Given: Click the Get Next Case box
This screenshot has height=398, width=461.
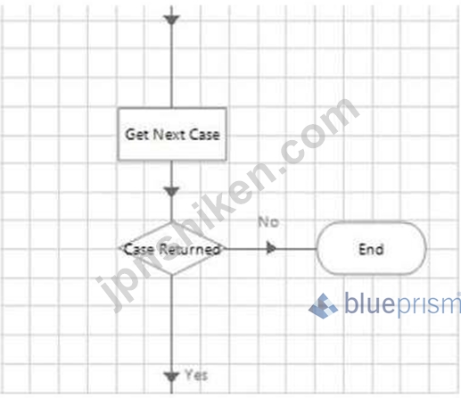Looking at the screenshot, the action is [172, 134].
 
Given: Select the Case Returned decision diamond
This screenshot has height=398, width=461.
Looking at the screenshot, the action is [172, 248].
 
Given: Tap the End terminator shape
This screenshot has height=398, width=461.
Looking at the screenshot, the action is [371, 248].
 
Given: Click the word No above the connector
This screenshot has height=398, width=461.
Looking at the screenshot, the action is [268, 222].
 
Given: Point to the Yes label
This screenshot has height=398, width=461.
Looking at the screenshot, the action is [196, 375].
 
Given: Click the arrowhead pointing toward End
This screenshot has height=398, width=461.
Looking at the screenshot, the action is [271, 248].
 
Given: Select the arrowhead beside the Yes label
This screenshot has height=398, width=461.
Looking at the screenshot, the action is [171, 377].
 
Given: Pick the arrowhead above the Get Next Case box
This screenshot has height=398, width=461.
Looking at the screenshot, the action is [171, 21].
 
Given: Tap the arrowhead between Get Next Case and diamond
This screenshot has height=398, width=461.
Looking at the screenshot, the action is [171, 192].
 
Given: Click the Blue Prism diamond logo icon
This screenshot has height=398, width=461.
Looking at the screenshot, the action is [323, 306].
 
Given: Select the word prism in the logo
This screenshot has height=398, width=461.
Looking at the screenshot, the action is [428, 304].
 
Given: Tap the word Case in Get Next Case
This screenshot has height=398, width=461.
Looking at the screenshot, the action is [204, 135].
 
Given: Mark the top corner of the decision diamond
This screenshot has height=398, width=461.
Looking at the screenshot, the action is [172, 221].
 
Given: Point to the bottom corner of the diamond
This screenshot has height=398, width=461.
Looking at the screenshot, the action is [172, 275].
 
